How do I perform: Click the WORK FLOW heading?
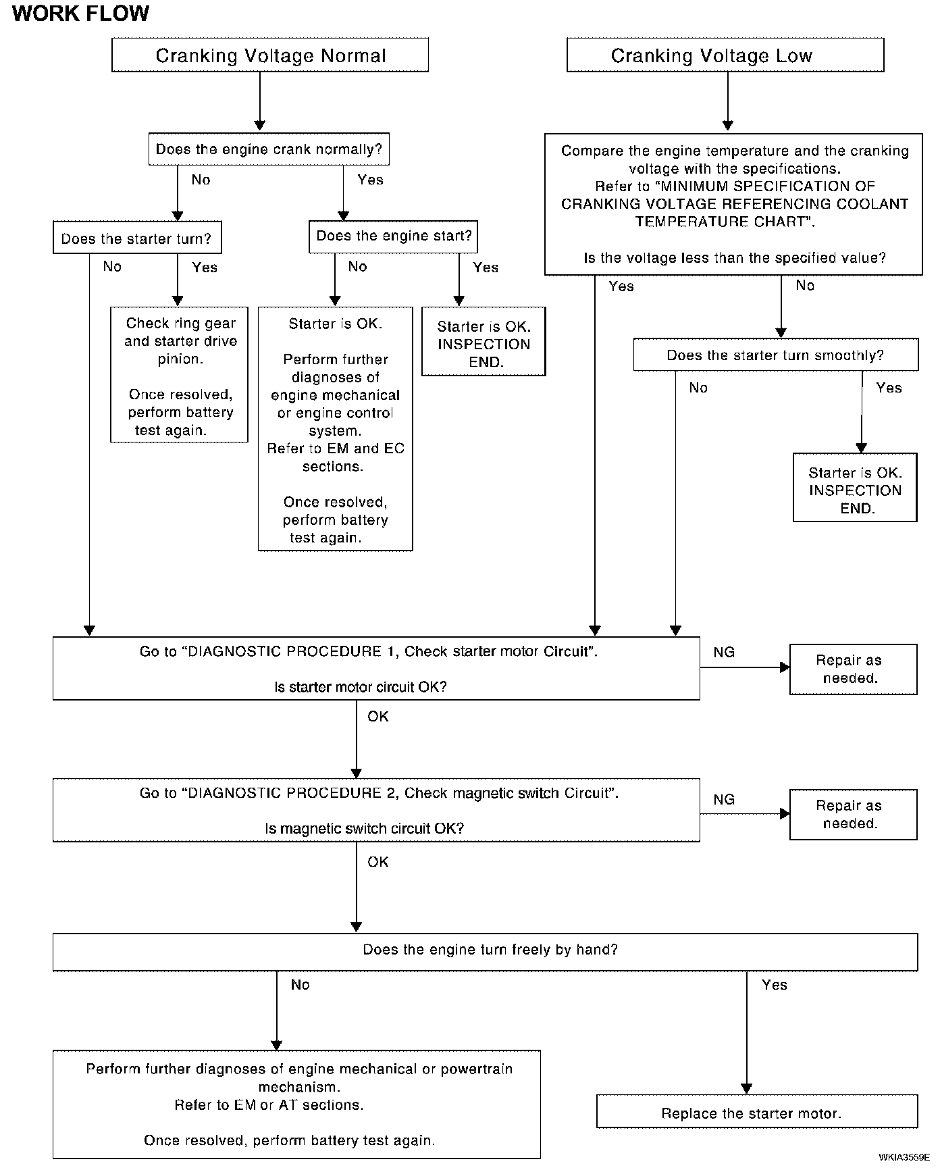(81, 14)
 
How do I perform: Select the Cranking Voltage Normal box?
(270, 55)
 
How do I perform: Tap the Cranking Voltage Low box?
(725, 55)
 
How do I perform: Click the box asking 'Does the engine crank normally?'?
(269, 149)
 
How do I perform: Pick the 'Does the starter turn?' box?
(137, 238)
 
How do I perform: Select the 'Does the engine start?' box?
(394, 236)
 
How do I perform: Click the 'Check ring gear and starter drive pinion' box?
(180, 375)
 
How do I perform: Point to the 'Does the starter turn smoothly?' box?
(776, 355)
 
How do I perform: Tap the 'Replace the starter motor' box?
(757, 1112)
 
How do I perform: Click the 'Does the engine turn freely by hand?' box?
(486, 952)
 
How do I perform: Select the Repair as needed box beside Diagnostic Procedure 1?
(854, 669)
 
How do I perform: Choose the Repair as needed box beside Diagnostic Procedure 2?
(854, 815)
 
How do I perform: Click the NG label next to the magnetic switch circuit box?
(724, 799)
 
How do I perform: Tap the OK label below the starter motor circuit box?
(378, 716)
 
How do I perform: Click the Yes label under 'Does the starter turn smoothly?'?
(889, 388)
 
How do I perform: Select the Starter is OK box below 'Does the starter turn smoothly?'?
(855, 488)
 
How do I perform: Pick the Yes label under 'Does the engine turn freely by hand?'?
(775, 985)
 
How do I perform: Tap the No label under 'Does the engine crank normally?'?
(201, 180)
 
